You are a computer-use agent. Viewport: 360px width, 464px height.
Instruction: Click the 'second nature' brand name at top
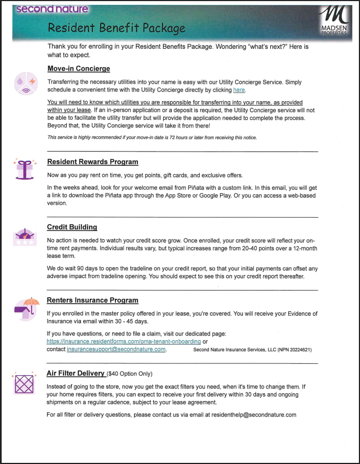(x=52, y=9)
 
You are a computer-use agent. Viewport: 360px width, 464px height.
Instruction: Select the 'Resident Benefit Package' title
(x=116, y=27)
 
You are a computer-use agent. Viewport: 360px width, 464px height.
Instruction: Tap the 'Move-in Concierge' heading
(x=79, y=68)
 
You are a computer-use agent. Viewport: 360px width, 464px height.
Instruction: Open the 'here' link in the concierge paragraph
(x=239, y=90)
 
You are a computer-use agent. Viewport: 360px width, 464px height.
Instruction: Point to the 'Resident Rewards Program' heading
(x=92, y=162)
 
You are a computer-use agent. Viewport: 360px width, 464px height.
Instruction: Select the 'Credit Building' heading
(x=72, y=227)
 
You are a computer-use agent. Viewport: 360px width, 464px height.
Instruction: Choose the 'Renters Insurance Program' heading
(x=92, y=300)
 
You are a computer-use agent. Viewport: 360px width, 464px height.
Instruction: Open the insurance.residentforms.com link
(x=124, y=341)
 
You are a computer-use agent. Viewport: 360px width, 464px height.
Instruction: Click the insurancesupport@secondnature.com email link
(x=116, y=349)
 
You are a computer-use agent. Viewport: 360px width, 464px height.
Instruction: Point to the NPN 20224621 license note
(x=252, y=350)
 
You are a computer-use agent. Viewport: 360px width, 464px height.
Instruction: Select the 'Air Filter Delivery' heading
(x=76, y=373)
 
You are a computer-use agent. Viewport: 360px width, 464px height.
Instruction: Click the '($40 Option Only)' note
(x=130, y=374)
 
